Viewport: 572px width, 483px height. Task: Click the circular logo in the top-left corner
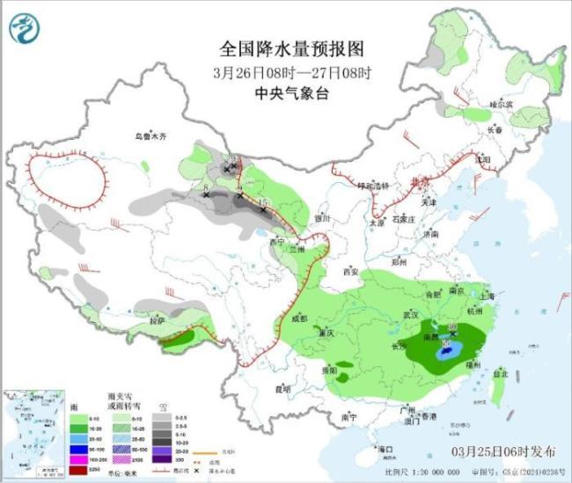coord(25,29)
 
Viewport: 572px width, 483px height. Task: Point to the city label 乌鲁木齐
coord(150,136)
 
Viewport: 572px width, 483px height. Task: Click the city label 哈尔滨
coord(501,104)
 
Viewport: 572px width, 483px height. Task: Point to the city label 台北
coord(500,373)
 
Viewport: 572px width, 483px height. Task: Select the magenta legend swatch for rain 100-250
coord(80,459)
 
